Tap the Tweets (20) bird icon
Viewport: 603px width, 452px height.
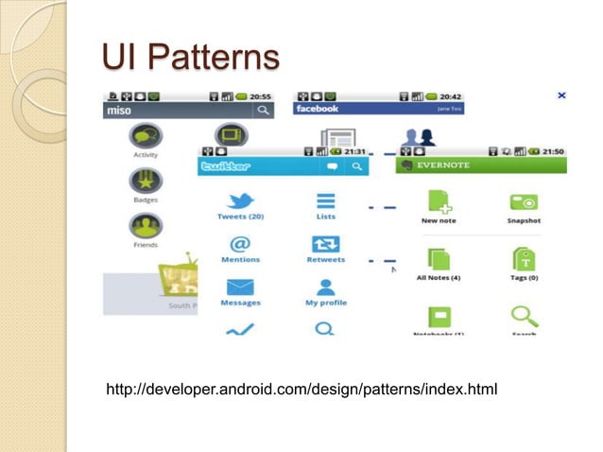[x=240, y=200]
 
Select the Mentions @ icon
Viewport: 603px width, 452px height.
[x=240, y=244]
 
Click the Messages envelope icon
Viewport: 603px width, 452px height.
[x=240, y=287]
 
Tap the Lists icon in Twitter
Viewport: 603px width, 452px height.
[x=325, y=200]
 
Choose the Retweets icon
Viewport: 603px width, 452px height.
[x=325, y=244]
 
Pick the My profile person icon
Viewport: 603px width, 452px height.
[x=325, y=287]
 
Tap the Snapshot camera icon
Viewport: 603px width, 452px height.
[x=524, y=202]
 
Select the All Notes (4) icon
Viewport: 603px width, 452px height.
[x=439, y=258]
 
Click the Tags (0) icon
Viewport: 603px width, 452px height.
[x=524, y=258]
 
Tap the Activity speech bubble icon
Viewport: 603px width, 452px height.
[x=146, y=135]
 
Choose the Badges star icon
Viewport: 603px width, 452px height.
[x=146, y=180]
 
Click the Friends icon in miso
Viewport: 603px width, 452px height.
[x=146, y=226]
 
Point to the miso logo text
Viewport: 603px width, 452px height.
[x=120, y=111]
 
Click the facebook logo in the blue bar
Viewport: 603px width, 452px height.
[x=318, y=110]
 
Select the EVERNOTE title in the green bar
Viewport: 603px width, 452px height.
[x=444, y=165]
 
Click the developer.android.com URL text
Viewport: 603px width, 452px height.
[x=302, y=390]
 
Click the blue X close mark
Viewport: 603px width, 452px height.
[x=561, y=96]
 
